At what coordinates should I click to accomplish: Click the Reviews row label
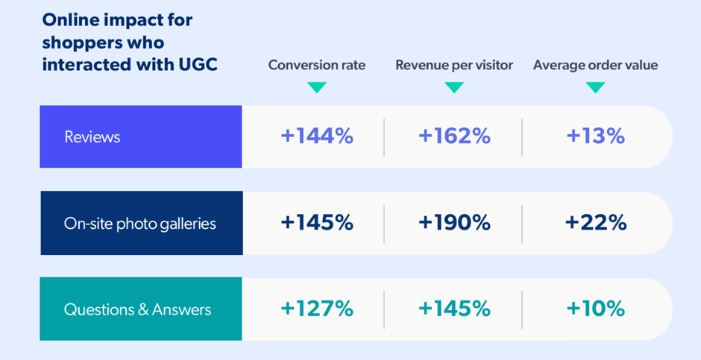tap(92, 137)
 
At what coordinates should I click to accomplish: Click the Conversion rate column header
tap(317, 65)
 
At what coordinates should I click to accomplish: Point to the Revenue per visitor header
tap(454, 65)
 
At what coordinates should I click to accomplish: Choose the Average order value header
tap(595, 65)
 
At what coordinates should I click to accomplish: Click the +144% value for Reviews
tap(317, 136)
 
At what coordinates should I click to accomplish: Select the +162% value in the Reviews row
tap(454, 136)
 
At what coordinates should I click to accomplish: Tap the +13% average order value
tap(595, 136)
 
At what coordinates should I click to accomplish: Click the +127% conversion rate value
tap(317, 309)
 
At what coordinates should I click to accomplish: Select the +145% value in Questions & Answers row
tap(454, 309)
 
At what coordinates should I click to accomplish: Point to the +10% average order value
tap(595, 309)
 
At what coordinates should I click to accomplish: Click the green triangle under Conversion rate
tap(317, 87)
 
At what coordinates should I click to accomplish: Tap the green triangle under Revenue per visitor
tap(454, 87)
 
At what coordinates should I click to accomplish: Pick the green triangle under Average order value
tap(595, 87)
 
